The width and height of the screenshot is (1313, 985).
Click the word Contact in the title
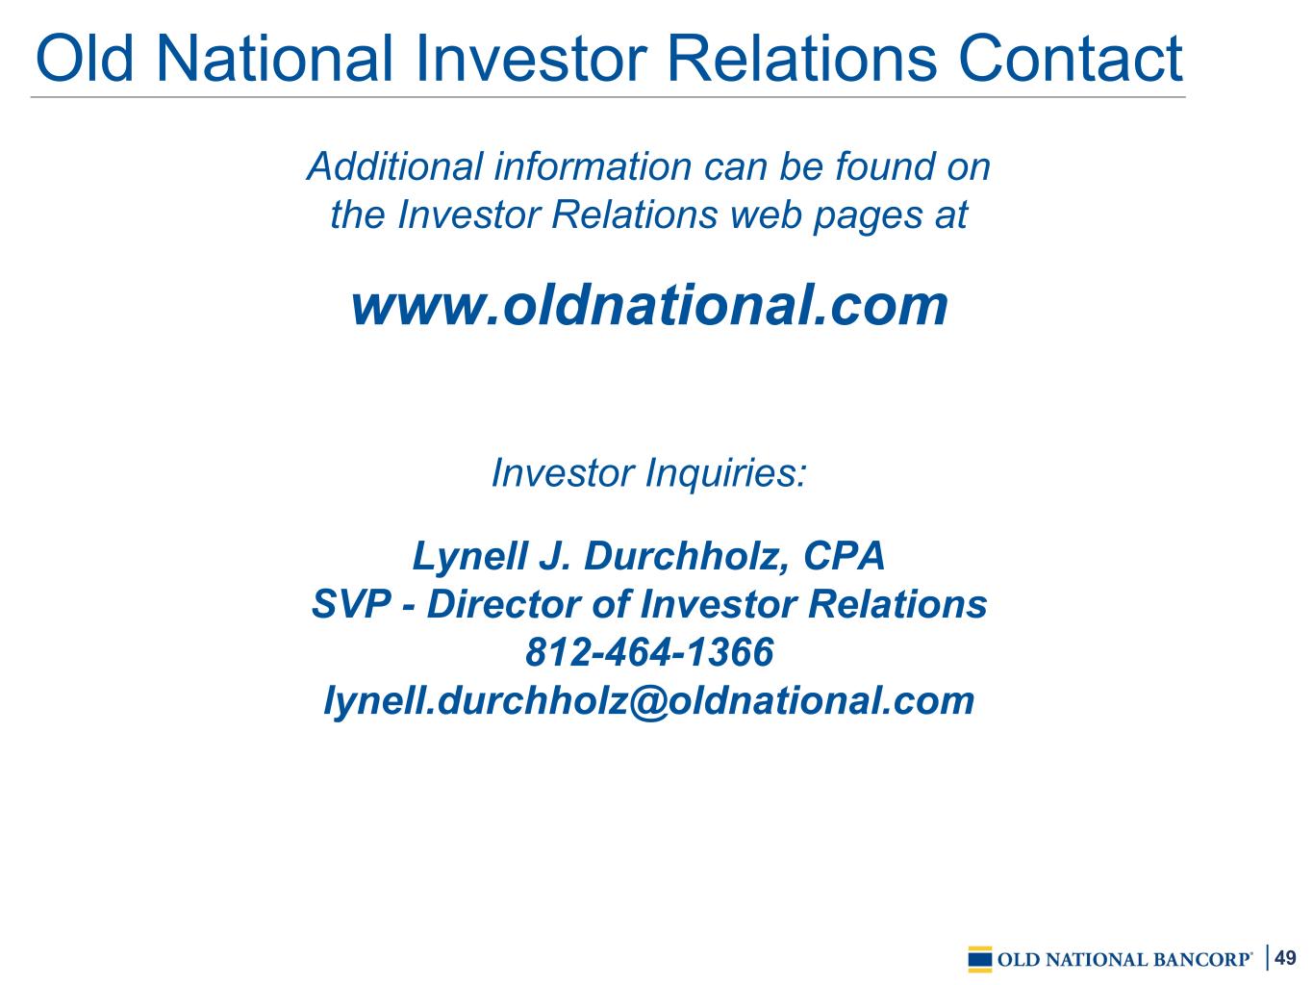[1070, 59]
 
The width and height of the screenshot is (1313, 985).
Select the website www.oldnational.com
[649, 306]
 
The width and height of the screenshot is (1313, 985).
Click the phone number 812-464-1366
[649, 651]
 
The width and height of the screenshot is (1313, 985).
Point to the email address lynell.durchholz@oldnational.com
[649, 700]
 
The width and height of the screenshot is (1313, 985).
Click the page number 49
[1285, 957]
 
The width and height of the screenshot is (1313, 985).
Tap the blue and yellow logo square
[980, 959]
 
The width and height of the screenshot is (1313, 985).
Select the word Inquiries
[727, 473]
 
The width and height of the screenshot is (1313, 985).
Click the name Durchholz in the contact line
[688, 556]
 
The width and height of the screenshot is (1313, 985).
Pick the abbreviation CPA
[844, 556]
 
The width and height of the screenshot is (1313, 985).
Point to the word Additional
[395, 165]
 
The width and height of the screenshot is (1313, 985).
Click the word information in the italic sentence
[593, 165]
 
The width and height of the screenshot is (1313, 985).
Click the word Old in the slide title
[85, 59]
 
